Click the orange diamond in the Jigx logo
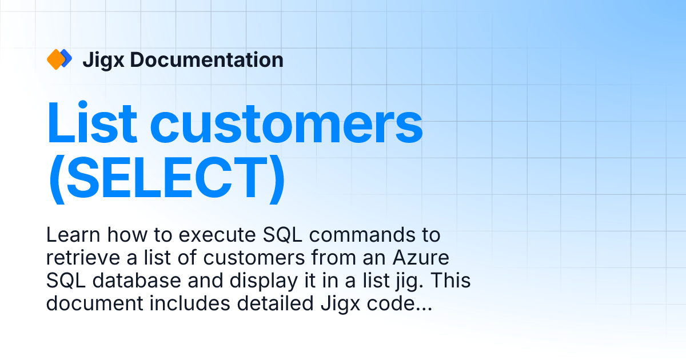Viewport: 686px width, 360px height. (55, 59)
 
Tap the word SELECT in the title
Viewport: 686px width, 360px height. (166, 178)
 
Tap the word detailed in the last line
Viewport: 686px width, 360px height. (268, 305)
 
